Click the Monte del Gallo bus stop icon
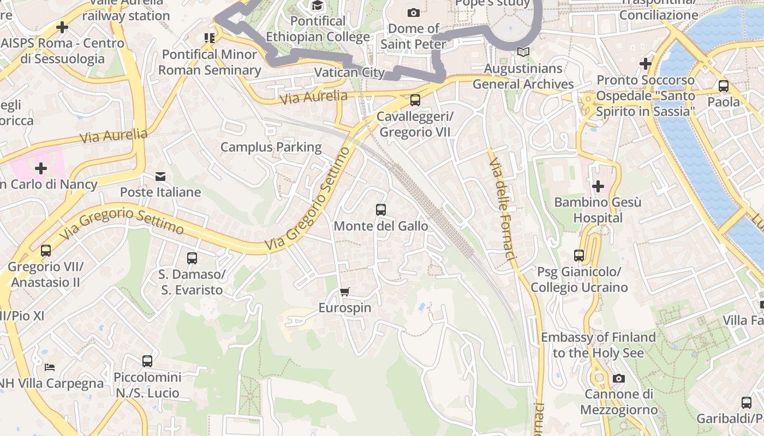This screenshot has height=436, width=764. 381,209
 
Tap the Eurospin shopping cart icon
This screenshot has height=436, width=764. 344,292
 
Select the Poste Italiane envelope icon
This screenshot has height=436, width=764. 160,177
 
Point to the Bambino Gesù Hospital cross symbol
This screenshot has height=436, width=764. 598,186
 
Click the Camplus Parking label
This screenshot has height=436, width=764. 271,147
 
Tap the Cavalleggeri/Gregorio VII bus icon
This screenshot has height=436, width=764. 415,100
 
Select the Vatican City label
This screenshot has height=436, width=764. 349,72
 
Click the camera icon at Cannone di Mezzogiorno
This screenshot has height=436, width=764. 618,378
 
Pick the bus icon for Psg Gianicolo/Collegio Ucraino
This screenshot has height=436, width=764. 578,255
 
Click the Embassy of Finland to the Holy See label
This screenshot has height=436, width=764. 598,345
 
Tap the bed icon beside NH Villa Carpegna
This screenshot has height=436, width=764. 50,367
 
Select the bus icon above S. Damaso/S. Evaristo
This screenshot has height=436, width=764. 192,258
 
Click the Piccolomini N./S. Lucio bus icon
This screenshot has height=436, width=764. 147,361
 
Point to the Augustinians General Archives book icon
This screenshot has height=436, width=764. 523,52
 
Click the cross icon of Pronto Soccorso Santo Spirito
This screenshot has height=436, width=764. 645,64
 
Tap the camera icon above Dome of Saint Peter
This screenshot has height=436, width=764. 414,13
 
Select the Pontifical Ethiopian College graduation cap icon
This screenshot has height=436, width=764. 317,5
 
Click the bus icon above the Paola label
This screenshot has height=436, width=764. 724,86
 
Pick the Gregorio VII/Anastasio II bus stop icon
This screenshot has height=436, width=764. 46,251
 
